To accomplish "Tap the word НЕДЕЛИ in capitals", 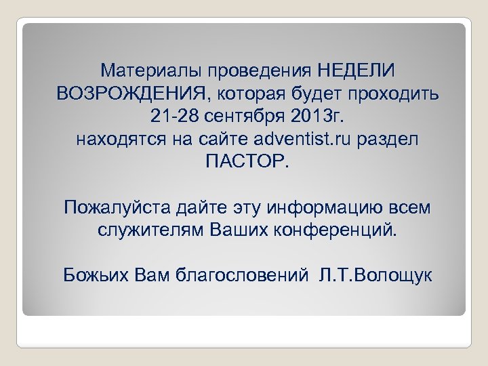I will click(x=357, y=70).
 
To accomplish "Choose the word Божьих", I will click(x=91, y=275).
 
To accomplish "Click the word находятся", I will click(x=112, y=140).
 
